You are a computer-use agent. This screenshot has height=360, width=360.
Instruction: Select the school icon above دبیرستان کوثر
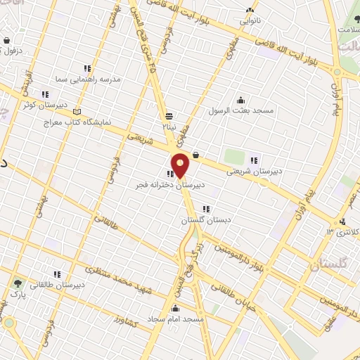click(45, 94)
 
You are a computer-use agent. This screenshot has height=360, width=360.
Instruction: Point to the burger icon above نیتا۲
click(169, 116)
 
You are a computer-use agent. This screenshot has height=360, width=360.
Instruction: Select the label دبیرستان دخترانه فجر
click(171, 185)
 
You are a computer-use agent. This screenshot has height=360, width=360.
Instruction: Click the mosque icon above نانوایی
click(250, 10)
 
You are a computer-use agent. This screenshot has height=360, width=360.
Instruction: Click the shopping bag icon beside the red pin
click(195, 155)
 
